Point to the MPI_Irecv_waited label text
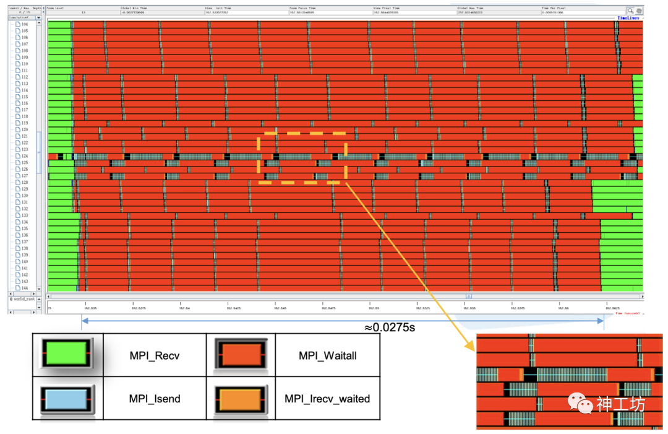tap(327, 398)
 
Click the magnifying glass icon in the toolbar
tap(630, 11)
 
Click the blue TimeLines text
tap(630, 18)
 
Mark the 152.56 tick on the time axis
tap(562, 307)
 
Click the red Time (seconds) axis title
tap(629, 313)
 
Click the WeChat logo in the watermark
tap(580, 403)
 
